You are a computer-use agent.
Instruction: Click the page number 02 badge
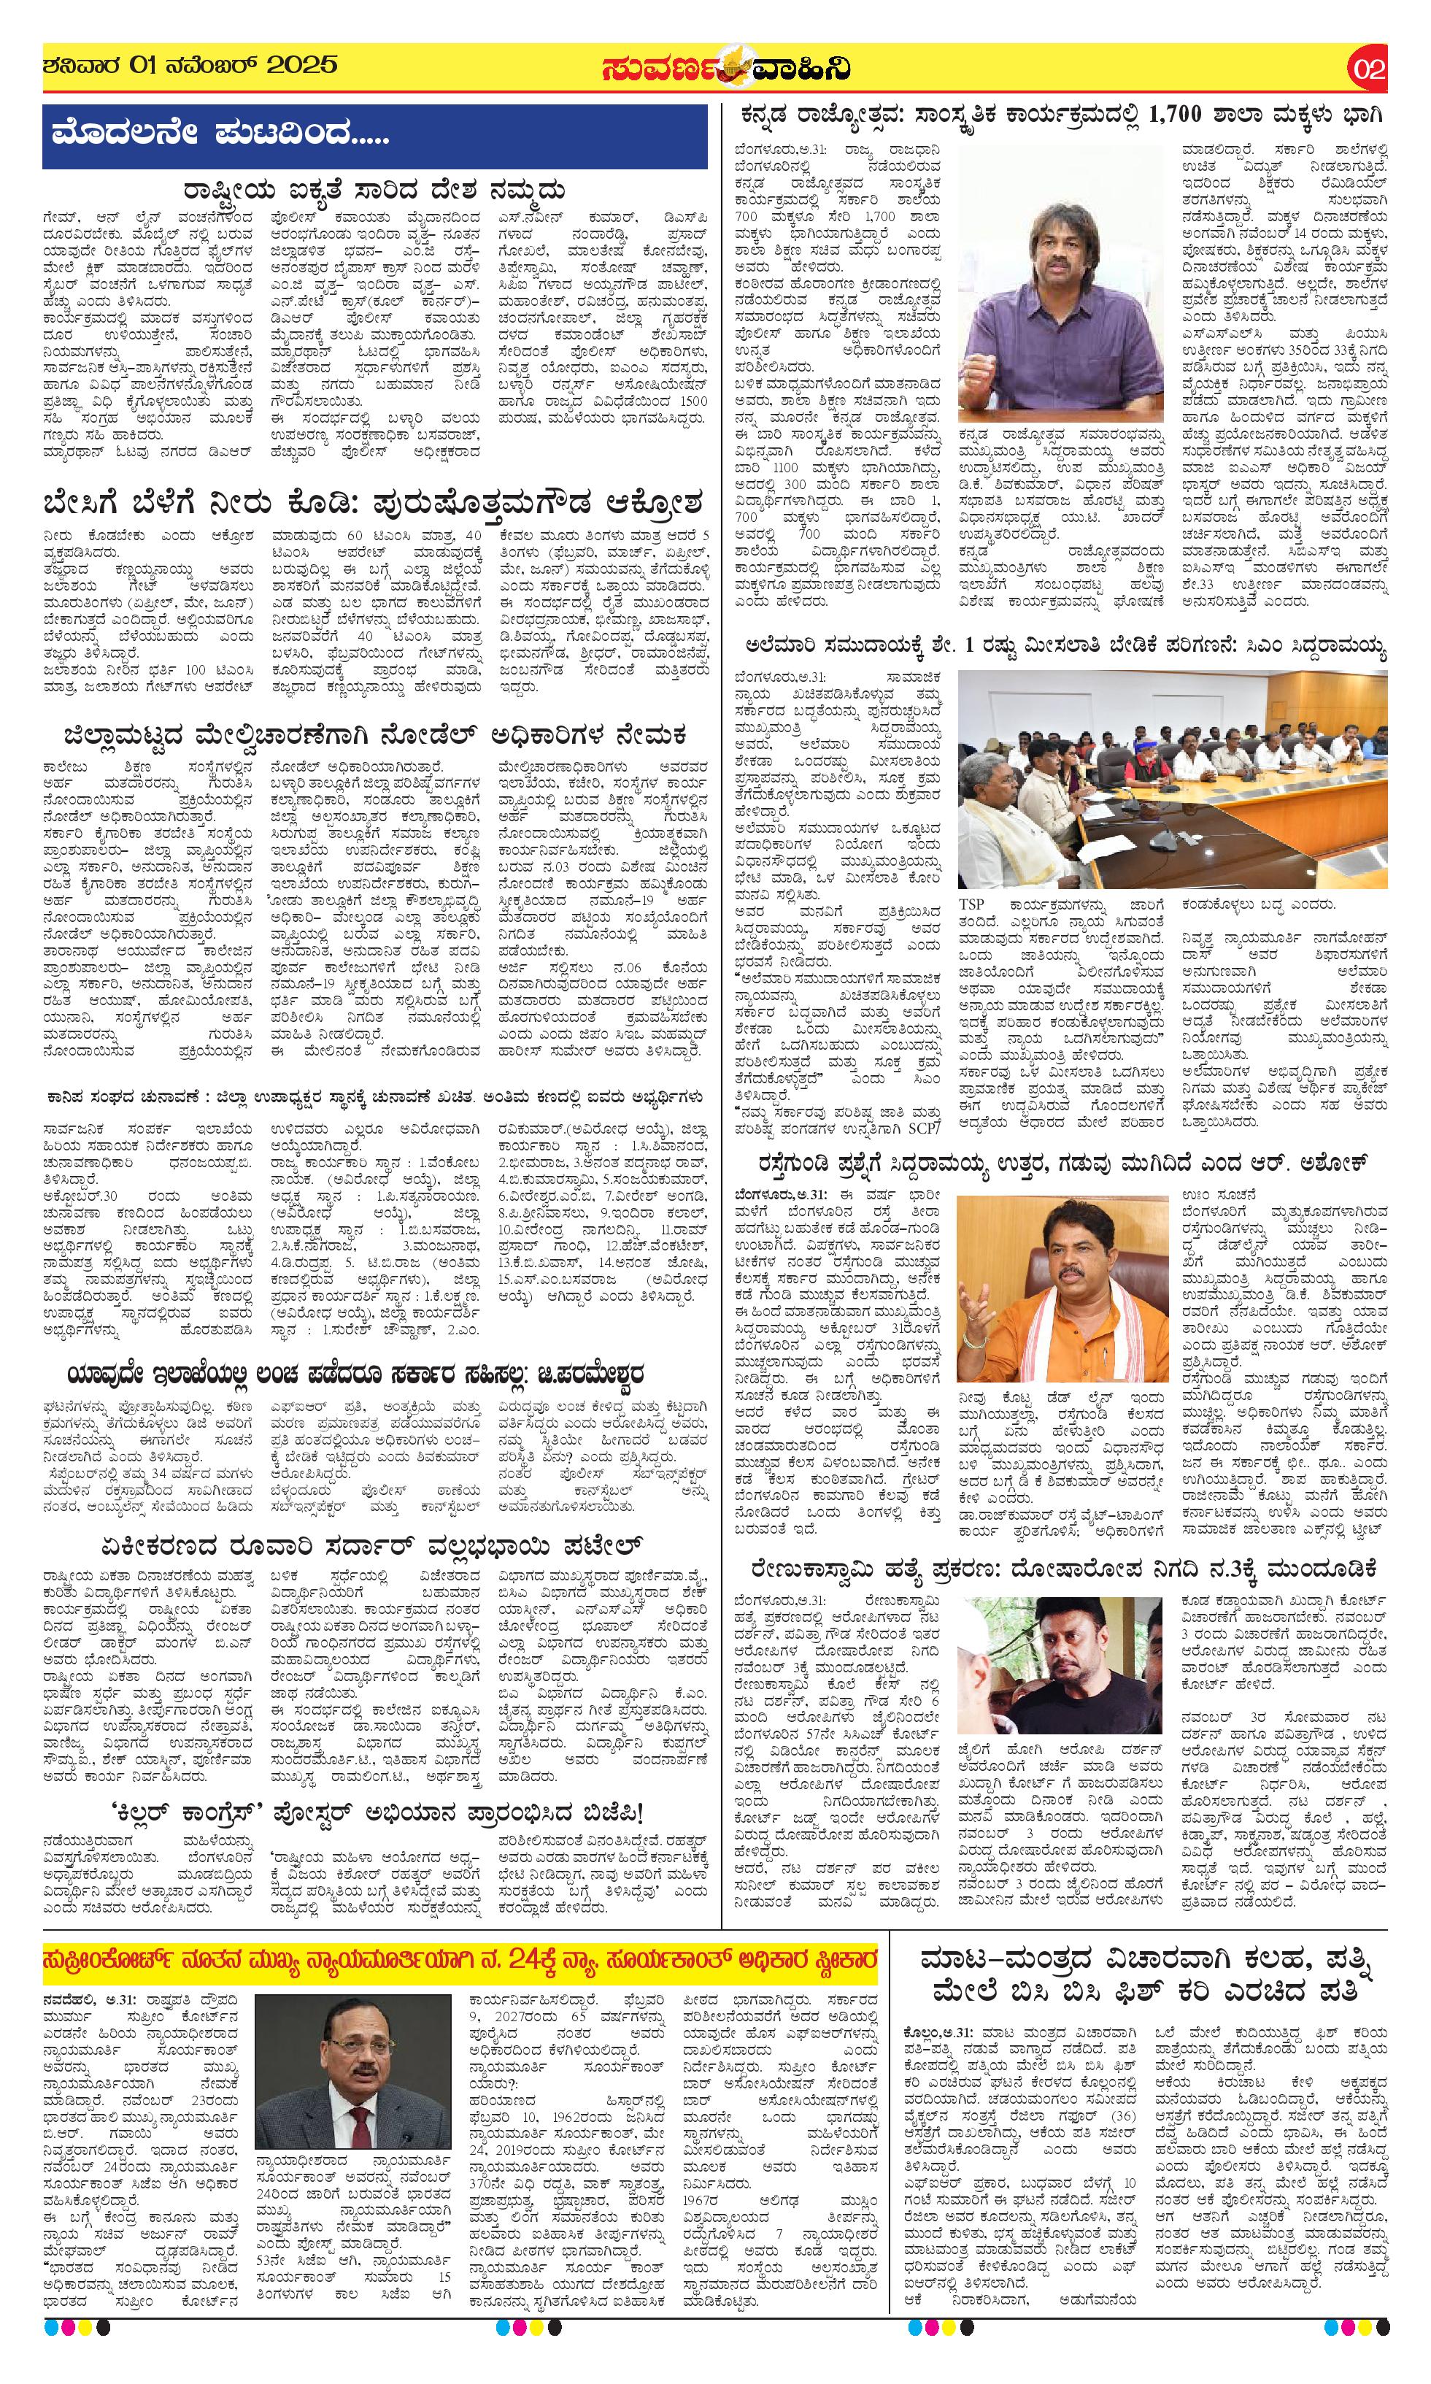point(1368,69)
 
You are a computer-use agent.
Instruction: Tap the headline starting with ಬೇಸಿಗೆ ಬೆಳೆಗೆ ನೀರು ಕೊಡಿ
point(372,504)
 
